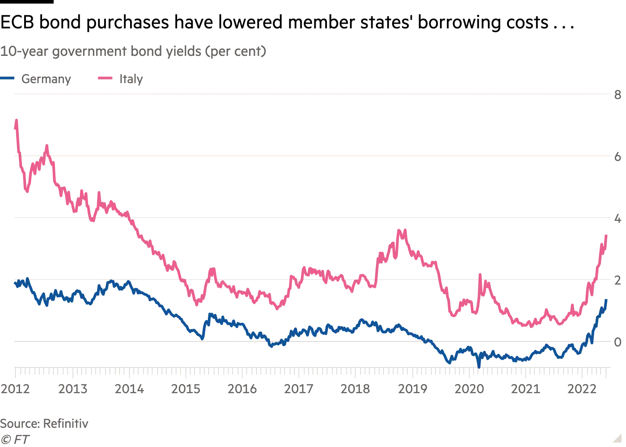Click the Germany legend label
(x=46, y=79)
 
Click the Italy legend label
(x=131, y=79)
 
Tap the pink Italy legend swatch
(x=105, y=79)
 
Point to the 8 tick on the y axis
(x=618, y=94)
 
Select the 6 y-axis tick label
(x=618, y=156)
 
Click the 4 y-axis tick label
(x=618, y=219)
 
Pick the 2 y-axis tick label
(x=618, y=280)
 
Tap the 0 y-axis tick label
(x=618, y=342)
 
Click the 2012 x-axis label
(x=15, y=389)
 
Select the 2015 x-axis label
(x=186, y=389)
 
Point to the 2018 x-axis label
(x=355, y=389)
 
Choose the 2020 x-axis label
(x=469, y=389)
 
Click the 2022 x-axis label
(x=582, y=389)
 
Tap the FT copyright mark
(x=15, y=439)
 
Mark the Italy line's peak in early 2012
(x=17, y=120)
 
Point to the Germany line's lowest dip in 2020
(x=479, y=366)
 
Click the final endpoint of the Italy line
(x=606, y=235)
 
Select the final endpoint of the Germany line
(x=606, y=300)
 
